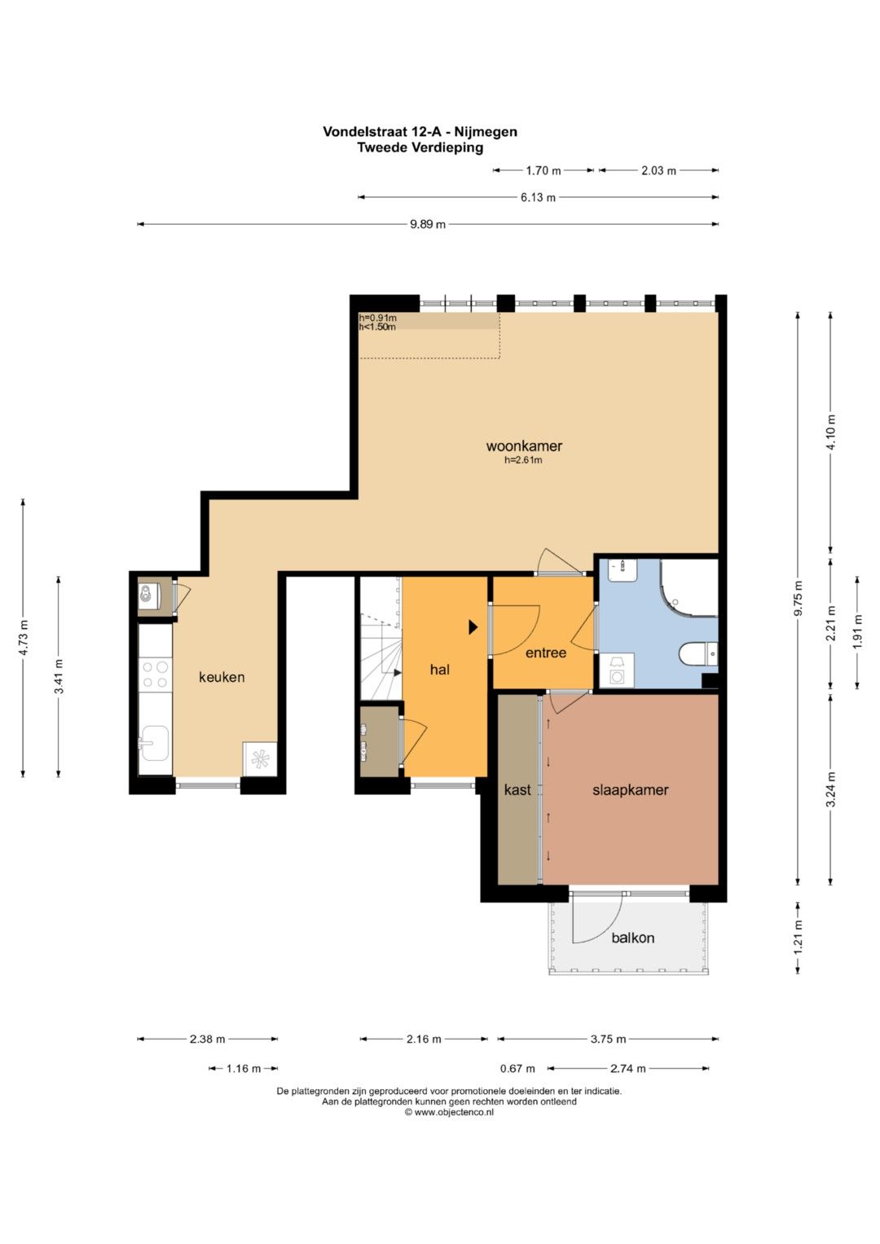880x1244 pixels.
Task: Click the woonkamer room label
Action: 524,446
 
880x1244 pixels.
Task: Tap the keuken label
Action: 222,676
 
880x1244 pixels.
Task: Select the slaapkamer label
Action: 630,789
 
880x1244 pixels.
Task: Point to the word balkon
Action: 633,938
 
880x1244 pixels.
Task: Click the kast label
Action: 517,789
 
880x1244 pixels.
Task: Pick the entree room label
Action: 546,653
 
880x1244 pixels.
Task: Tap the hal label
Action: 439,669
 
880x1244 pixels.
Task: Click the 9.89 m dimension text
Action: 428,224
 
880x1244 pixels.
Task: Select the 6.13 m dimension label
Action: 538,197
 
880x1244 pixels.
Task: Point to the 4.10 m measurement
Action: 831,433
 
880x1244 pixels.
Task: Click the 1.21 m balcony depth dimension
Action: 799,938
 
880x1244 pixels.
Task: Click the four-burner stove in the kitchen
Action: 156,675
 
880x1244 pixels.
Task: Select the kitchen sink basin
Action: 154,742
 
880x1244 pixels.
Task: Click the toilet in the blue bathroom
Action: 698,653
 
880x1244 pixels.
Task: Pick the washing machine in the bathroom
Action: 617,670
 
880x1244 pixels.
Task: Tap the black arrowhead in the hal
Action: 473,627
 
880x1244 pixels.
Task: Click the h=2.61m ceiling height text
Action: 523,459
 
